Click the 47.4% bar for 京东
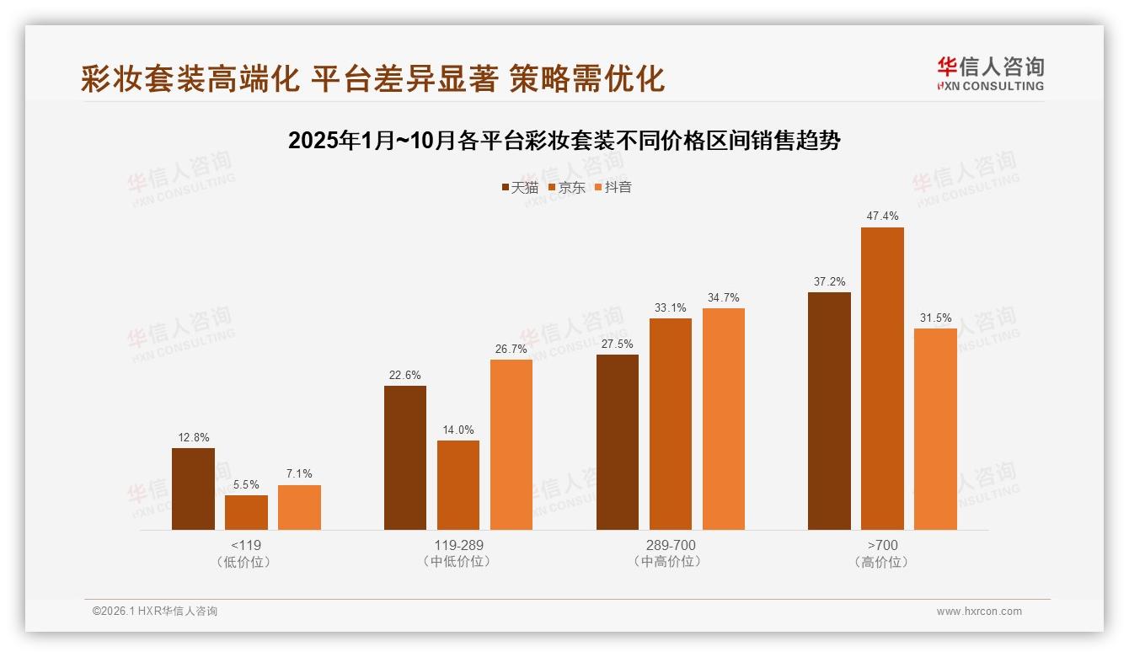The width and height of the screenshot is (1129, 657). (882, 378)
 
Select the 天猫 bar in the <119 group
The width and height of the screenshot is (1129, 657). (193, 489)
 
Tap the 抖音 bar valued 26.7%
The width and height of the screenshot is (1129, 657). (511, 445)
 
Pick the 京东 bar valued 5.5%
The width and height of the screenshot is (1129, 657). (246, 512)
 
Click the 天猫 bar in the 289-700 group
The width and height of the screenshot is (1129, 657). (618, 442)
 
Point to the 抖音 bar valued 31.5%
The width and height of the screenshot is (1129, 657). (935, 429)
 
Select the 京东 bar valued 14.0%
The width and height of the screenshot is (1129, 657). (458, 485)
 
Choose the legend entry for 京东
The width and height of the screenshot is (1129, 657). (566, 187)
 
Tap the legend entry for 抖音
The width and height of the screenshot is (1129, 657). (613, 187)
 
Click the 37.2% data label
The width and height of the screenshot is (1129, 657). (829, 281)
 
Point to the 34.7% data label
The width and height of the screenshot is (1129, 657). (724, 297)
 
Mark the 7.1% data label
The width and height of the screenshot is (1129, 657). (299, 474)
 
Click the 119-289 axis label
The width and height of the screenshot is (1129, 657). (458, 545)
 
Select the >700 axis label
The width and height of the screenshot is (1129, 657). (882, 545)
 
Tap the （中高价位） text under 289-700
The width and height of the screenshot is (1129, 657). (670, 562)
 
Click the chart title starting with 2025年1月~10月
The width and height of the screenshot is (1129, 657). (564, 140)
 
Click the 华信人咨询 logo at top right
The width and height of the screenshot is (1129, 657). (990, 73)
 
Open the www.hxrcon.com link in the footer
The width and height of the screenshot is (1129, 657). (978, 612)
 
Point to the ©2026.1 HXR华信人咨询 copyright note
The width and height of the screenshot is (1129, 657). (155, 612)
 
